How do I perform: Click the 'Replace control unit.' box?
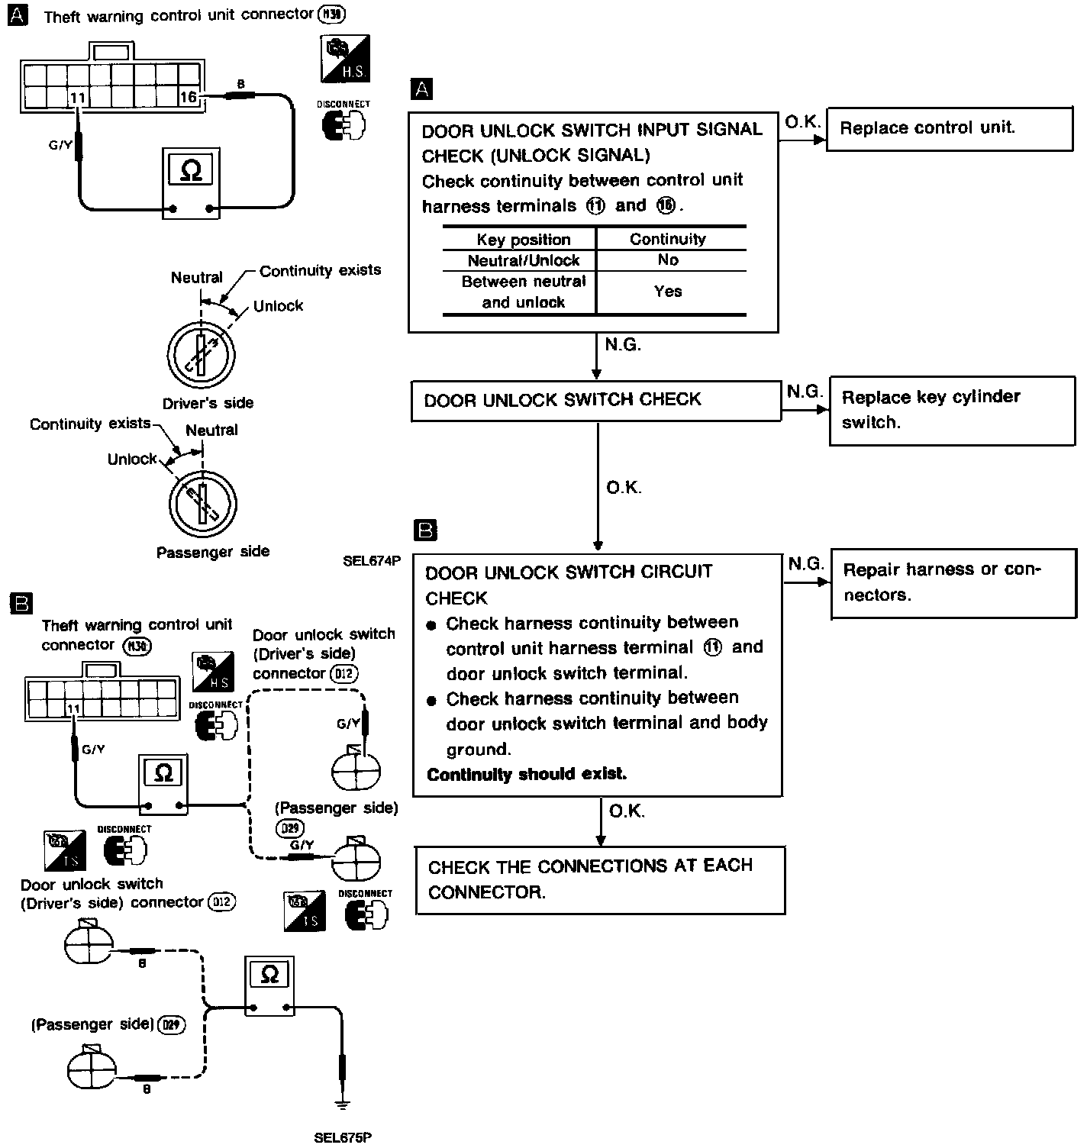coord(949,128)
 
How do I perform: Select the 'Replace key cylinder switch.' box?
coord(952,410)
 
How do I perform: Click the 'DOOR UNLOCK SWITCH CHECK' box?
coord(595,401)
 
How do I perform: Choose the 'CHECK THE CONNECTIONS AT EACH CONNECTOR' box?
coord(600,879)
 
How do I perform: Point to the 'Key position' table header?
coord(523,239)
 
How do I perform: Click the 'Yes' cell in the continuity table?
coord(668,291)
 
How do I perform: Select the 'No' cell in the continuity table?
coord(668,260)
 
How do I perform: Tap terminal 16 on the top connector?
coord(188,97)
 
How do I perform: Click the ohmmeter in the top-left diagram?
coord(191,183)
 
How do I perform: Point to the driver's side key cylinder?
coord(201,356)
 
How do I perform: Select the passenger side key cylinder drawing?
coord(202,505)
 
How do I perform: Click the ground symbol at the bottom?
coord(343,1104)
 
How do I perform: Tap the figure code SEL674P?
coord(371,561)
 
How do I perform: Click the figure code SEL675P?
coord(343,1137)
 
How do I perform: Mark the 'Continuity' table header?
coord(668,239)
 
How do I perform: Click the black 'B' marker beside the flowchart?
coord(424,530)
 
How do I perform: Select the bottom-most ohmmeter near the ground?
coord(269,985)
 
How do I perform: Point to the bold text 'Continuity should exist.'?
coord(527,775)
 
